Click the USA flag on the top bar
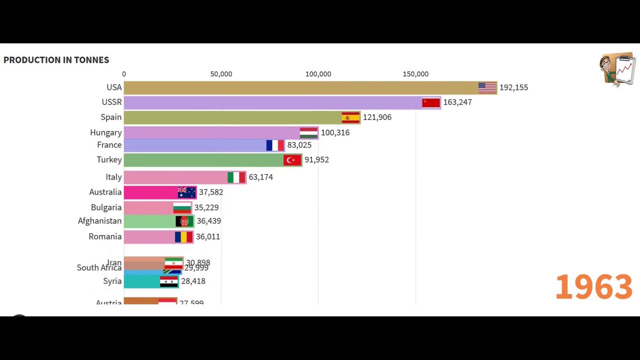click(x=487, y=87)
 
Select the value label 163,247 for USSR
click(x=457, y=102)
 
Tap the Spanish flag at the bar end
click(x=350, y=117)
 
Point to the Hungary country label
click(x=105, y=132)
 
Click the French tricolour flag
click(x=275, y=145)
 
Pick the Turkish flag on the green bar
click(x=292, y=160)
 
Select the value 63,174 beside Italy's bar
click(x=260, y=177)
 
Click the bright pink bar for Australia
click(x=150, y=192)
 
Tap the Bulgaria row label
click(x=106, y=207)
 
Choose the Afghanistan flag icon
click(x=184, y=221)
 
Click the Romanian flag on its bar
click(x=183, y=236)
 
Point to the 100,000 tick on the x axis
click(x=318, y=74)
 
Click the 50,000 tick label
click(x=221, y=74)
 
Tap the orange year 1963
click(x=593, y=287)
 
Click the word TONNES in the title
click(x=91, y=60)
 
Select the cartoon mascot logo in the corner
click(x=617, y=69)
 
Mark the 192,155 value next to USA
click(x=513, y=87)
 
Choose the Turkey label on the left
click(x=109, y=159)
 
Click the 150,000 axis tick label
click(x=415, y=74)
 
